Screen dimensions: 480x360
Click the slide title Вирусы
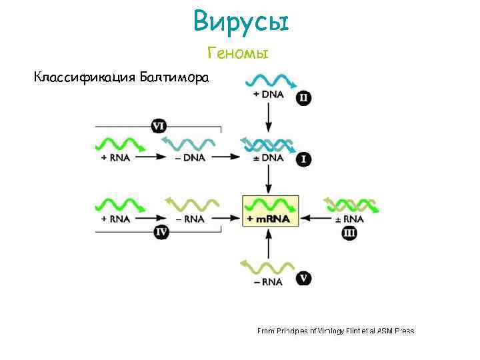(241, 23)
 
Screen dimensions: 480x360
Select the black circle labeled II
(304, 98)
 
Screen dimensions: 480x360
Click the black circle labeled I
(304, 159)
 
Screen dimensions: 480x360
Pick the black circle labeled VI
(159, 125)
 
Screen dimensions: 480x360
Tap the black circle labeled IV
(161, 232)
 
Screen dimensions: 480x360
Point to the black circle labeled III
(349, 232)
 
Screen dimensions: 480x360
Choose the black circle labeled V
(304, 278)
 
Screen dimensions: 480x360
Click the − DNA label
(191, 157)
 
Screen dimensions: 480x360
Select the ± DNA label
(269, 157)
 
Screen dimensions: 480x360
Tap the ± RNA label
(349, 219)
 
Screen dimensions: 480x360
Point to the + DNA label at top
(269, 95)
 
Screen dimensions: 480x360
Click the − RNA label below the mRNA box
(269, 281)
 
